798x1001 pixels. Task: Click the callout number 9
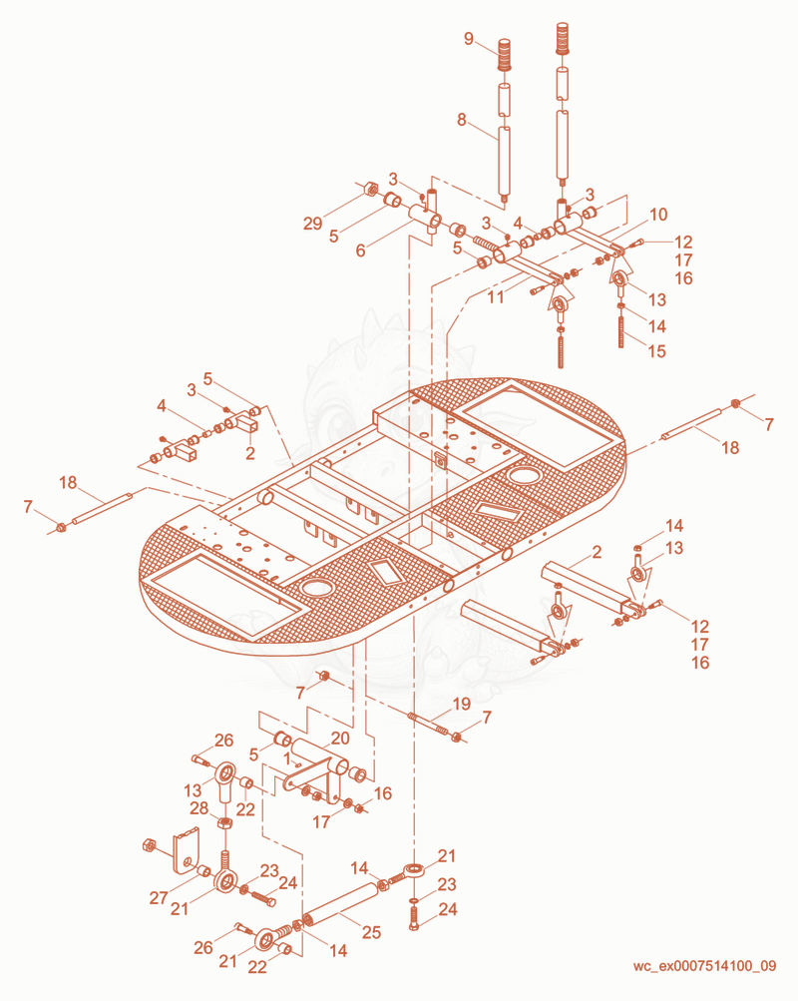coord(469,39)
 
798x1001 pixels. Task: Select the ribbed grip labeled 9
coord(505,54)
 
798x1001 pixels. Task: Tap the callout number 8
coord(461,120)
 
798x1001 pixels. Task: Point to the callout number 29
coord(312,224)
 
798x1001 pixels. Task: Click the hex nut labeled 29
coord(369,190)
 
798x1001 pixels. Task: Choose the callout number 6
coord(360,250)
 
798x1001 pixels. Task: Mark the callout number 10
coord(658,215)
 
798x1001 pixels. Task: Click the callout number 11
coord(496,296)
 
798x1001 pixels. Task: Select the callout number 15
coord(656,351)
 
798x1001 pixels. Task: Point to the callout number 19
coord(461,705)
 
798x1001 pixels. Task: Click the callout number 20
coord(340,738)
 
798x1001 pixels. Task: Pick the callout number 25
coord(371,932)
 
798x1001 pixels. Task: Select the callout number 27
coord(159,897)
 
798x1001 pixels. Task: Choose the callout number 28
coord(199,808)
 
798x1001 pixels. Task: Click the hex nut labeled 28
coord(223,822)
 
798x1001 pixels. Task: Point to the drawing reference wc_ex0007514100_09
coord(704,965)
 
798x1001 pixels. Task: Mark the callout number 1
coord(287,757)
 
